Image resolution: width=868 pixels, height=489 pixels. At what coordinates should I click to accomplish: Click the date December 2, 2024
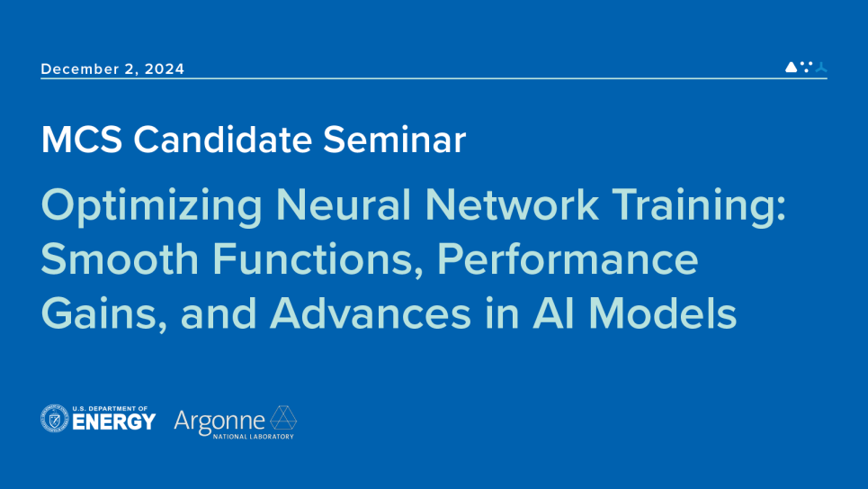(112, 69)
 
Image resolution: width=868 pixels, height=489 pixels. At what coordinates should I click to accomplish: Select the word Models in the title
(662, 314)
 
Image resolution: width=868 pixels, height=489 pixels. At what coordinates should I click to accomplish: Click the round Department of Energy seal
(55, 419)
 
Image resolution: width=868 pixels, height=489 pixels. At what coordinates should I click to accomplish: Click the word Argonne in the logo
(219, 421)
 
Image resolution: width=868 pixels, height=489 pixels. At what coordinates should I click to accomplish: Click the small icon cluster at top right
(806, 67)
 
